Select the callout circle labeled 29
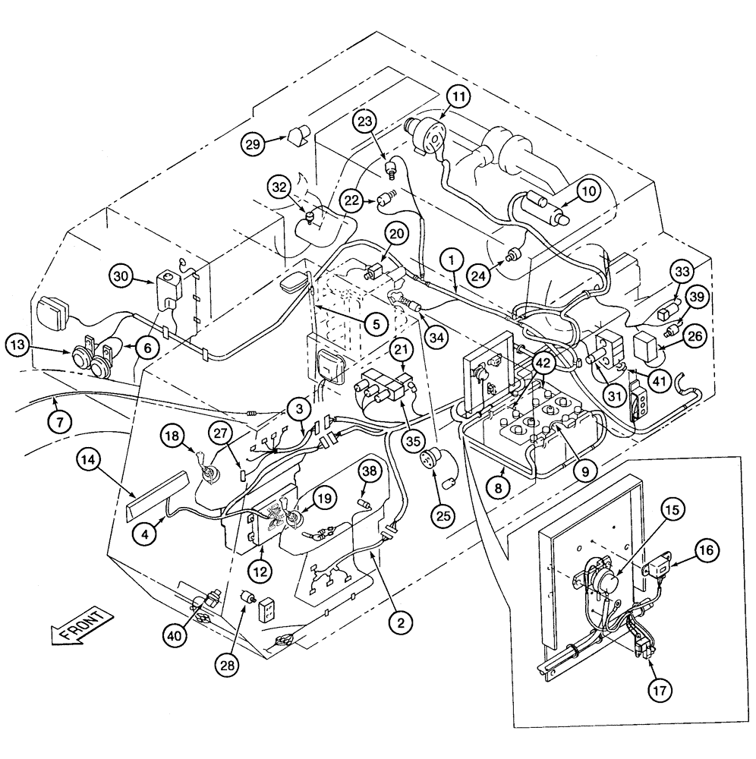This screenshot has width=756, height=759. pos(254,143)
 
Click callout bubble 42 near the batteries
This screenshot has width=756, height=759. pos(542,364)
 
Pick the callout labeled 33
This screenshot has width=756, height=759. pos(681,271)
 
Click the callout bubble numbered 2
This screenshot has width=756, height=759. pos(401,623)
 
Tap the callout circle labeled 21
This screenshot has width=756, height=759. pos(402,348)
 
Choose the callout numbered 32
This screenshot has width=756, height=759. pos(279,187)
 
